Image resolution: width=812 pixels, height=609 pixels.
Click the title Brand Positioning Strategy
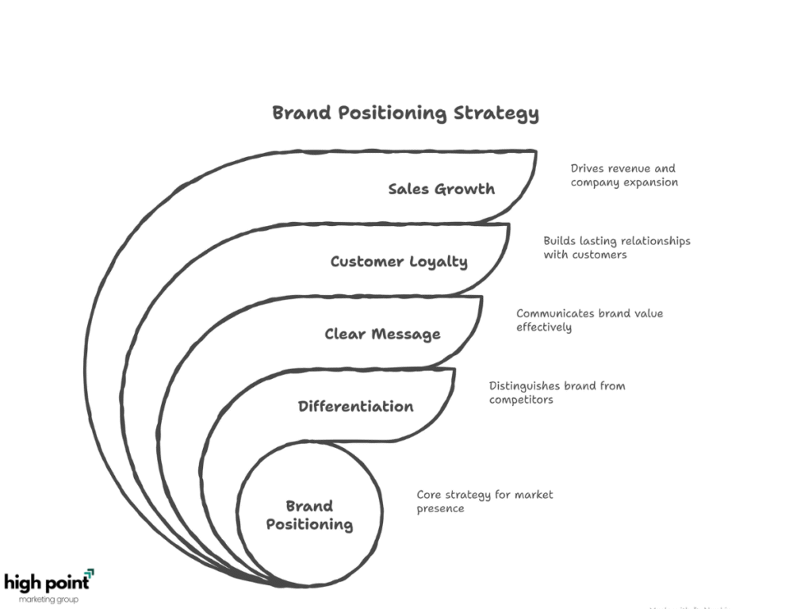coord(405,113)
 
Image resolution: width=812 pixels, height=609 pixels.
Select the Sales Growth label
coord(441,189)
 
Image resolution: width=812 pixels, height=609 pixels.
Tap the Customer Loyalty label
coord(399,262)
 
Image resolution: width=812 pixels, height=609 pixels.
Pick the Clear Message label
coord(382,334)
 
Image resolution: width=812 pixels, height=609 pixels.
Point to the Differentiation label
coord(355,406)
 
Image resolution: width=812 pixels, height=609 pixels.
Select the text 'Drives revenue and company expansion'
coord(623,175)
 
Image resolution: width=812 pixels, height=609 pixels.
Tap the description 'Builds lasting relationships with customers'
coord(616,247)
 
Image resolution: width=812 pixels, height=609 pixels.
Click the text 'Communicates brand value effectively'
coord(589,320)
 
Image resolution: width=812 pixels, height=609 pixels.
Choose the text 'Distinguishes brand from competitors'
coord(557,393)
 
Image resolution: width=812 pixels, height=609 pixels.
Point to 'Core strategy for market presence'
coord(485,501)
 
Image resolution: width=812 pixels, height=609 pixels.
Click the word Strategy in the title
coord(496,113)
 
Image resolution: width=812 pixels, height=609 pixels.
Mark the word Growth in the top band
coord(469,189)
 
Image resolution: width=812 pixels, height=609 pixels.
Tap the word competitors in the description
coord(521,400)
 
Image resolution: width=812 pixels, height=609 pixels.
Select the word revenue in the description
coord(630,168)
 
